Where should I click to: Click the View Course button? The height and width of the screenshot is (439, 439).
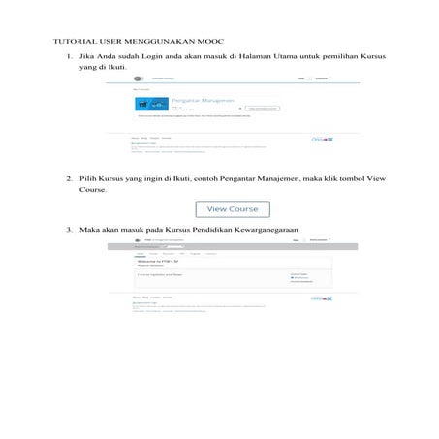coord(233,208)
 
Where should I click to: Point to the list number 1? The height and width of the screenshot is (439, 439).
coord(69,55)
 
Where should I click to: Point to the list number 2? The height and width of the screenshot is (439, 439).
coord(69,179)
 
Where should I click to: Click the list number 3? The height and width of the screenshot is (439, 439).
coord(69,229)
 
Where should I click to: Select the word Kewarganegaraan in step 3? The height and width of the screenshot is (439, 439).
coord(265,229)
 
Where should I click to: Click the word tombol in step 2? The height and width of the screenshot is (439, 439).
coord(354,179)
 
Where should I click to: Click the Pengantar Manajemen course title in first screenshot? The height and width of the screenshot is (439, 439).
coord(199,99)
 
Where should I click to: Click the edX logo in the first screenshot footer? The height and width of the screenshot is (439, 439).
coord(322,140)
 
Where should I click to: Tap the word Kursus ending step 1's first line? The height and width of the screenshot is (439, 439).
coord(373,55)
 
